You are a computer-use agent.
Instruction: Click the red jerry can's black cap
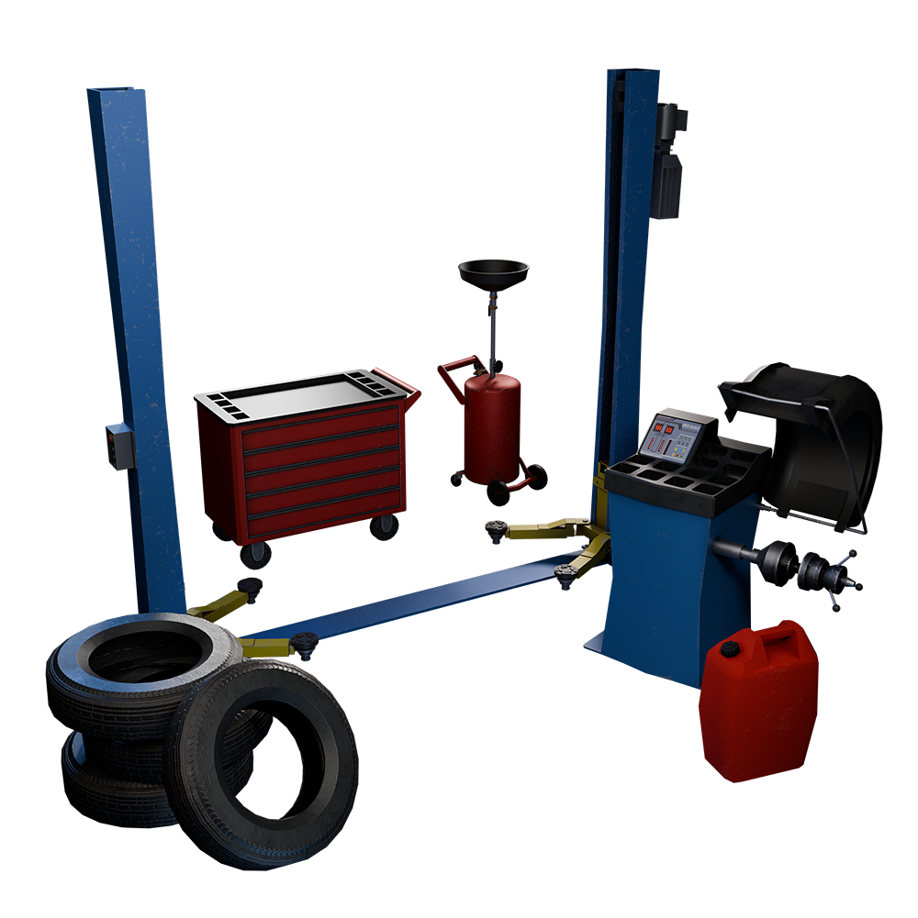click(730, 649)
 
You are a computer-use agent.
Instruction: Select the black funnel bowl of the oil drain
click(494, 273)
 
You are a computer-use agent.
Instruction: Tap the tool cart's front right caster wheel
click(386, 525)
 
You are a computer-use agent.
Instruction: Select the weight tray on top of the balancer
click(684, 472)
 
